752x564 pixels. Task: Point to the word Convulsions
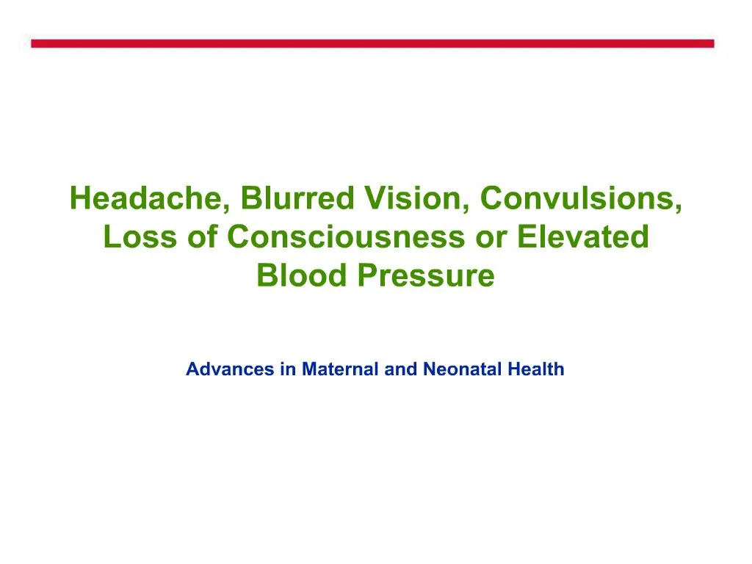(579, 198)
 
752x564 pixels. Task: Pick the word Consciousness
(345, 237)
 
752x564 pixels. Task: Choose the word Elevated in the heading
(583, 237)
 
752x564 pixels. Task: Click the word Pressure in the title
(427, 276)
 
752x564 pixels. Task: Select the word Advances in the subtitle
(230, 369)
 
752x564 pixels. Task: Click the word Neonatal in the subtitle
(461, 369)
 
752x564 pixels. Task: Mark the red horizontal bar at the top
(372, 44)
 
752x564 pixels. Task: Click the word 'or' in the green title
(492, 237)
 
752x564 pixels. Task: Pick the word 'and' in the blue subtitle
(400, 369)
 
